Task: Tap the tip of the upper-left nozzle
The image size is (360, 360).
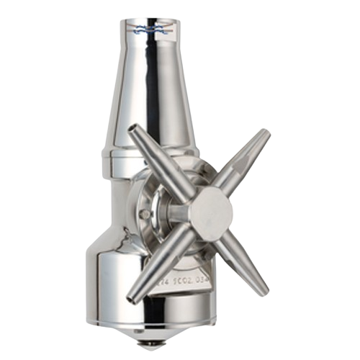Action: tap(133, 130)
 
